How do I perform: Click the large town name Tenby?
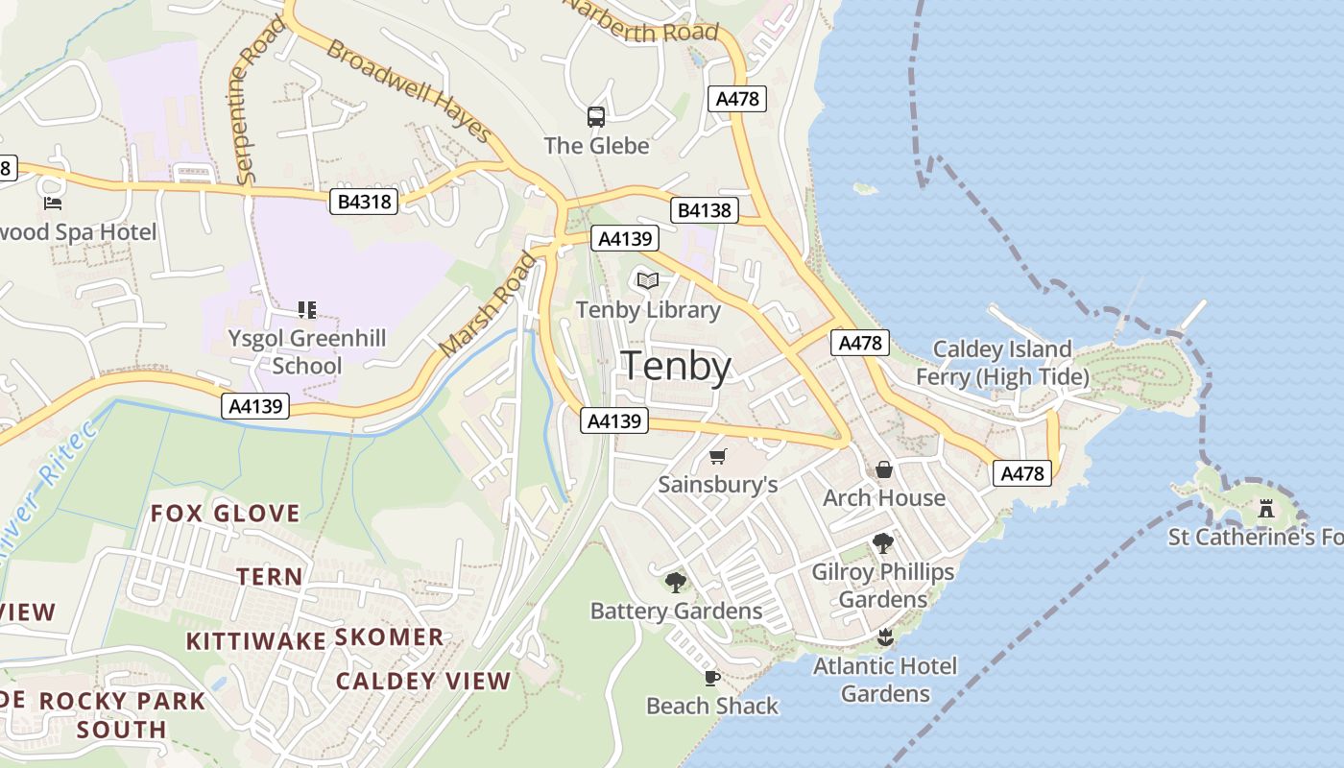point(677,367)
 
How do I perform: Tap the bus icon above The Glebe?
point(596,117)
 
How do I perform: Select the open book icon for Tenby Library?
point(648,281)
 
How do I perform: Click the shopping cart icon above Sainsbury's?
point(718,456)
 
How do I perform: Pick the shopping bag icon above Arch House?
point(884,469)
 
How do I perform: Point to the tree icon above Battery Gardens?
point(676,582)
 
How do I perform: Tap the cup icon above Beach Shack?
point(711,678)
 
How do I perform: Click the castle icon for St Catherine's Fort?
point(1266,508)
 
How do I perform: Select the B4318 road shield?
point(364,202)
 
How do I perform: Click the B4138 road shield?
point(704,210)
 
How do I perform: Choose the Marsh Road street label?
point(487,304)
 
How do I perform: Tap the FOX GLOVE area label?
point(225,513)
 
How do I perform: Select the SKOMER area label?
point(389,636)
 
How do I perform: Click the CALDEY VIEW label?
point(423,681)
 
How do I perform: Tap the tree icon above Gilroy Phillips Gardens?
point(883,543)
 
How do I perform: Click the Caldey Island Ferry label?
point(1002,363)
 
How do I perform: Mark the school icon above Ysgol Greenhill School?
point(307,309)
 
